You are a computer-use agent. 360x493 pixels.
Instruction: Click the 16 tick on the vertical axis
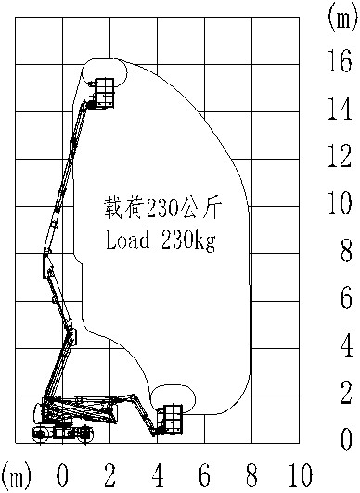[x=340, y=62]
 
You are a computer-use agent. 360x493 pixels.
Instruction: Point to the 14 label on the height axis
[x=340, y=110]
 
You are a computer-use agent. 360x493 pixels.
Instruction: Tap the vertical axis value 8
[x=344, y=250]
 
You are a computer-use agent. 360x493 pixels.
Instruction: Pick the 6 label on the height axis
[x=344, y=297]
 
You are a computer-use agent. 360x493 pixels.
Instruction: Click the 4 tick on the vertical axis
[x=344, y=344]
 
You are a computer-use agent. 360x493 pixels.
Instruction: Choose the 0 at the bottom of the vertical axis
[x=344, y=438]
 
